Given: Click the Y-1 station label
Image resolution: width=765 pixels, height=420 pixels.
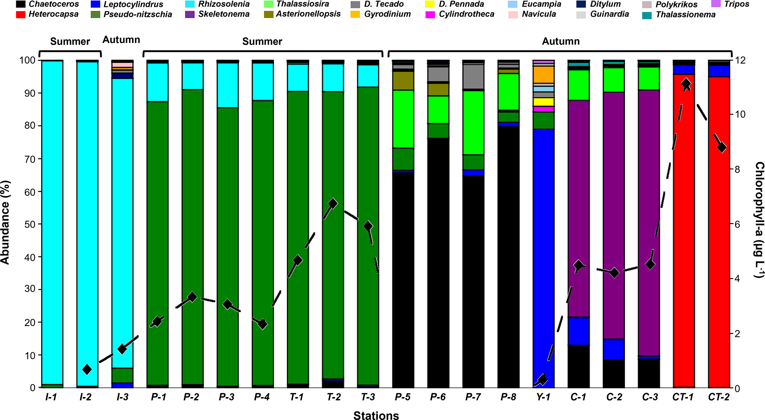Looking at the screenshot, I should point(543,397).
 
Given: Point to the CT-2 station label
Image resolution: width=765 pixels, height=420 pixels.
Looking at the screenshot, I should point(719,397).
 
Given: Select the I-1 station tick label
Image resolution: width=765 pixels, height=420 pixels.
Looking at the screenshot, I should point(51,397).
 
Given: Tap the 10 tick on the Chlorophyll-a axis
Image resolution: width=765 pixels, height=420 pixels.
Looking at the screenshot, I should point(739,114).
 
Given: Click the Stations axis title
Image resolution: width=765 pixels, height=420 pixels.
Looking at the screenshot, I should point(376,416).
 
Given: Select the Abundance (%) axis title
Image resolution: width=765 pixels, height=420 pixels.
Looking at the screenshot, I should point(5,222).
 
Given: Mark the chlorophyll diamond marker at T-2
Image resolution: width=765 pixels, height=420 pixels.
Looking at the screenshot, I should point(332,203).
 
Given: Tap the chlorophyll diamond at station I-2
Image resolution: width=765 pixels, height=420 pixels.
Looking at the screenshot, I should point(87,369).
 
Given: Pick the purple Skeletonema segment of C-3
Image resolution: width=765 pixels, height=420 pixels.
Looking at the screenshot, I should point(649,222).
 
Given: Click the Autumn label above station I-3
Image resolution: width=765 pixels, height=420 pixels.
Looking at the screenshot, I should point(121,40).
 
